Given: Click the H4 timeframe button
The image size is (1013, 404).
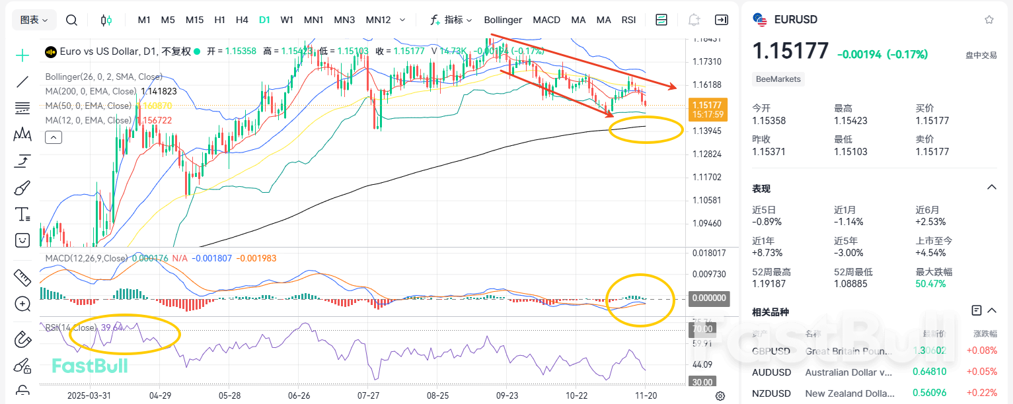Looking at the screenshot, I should pyautogui.click(x=242, y=20).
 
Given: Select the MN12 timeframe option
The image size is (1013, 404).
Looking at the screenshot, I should pyautogui.click(x=378, y=20).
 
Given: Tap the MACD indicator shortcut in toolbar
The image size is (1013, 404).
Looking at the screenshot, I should pyautogui.click(x=546, y=20).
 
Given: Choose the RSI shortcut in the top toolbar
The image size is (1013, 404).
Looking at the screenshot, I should pyautogui.click(x=628, y=20).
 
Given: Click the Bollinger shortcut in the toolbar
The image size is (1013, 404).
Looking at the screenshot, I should pyautogui.click(x=503, y=20).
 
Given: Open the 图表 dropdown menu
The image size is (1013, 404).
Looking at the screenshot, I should pyautogui.click(x=34, y=20).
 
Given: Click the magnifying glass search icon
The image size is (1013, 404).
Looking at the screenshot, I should pyautogui.click(x=72, y=20).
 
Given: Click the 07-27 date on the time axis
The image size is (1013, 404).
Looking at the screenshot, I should pyautogui.click(x=369, y=395).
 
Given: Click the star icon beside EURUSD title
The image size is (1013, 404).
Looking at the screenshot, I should pyautogui.click(x=989, y=20).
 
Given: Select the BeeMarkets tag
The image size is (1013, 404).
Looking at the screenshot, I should pyautogui.click(x=778, y=79).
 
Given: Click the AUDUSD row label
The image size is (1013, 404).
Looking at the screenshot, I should pyautogui.click(x=771, y=372).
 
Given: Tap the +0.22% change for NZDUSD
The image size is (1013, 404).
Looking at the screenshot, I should pyautogui.click(x=983, y=393).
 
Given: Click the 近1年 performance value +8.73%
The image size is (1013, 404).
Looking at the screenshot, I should pyautogui.click(x=767, y=253).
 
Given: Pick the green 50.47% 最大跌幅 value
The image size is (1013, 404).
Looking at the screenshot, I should pyautogui.click(x=930, y=284).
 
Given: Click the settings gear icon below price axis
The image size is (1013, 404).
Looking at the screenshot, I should pyautogui.click(x=720, y=395).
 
